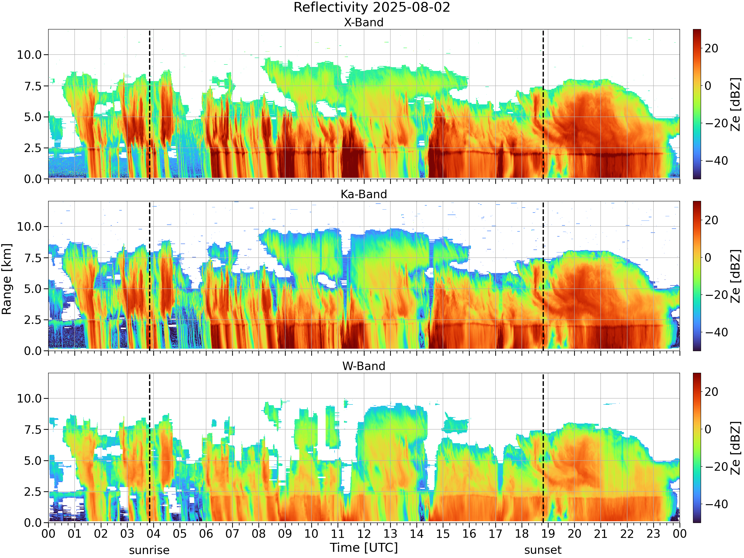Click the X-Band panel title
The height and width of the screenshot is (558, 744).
click(x=364, y=23)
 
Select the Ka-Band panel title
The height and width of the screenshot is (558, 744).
click(x=364, y=194)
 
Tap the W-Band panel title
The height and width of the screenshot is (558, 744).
click(x=364, y=366)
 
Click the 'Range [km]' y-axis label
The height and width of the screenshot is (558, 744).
click(x=7, y=279)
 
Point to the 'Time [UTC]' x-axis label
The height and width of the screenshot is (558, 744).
click(x=364, y=548)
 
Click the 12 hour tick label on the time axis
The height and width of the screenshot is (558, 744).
click(x=364, y=534)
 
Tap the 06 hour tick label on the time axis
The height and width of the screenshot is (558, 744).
click(x=206, y=534)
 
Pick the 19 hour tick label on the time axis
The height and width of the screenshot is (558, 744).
click(x=548, y=534)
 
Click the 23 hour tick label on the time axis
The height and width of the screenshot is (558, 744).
click(x=653, y=534)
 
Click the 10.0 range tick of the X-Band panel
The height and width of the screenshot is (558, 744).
click(x=29, y=55)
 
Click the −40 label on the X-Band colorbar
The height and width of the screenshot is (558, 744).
click(x=716, y=161)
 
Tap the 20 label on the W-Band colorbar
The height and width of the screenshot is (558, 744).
click(x=711, y=392)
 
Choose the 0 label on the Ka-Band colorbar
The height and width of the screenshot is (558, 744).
click(x=708, y=258)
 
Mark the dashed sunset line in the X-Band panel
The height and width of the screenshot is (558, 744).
click(x=543, y=104)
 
